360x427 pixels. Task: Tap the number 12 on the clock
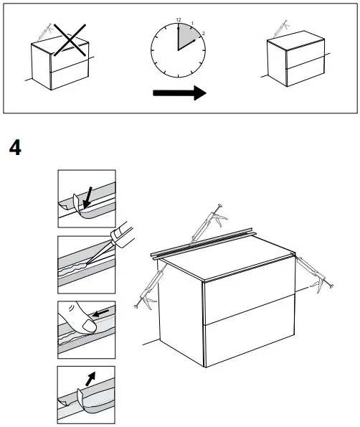(177, 19)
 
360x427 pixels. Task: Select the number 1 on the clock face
(191, 23)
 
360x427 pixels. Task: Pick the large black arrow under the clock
(179, 93)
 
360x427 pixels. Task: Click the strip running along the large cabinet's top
(208, 245)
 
